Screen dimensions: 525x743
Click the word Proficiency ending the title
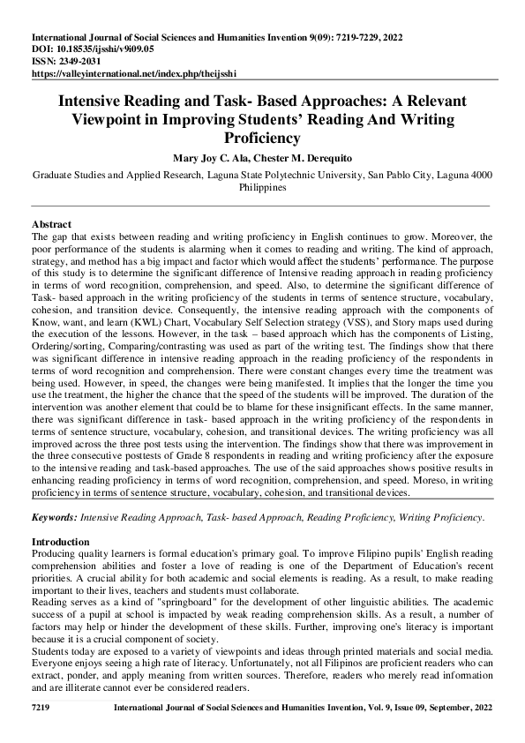(263, 138)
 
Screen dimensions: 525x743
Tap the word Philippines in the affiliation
(263, 187)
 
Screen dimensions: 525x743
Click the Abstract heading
(51, 224)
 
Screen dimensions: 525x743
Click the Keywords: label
(54, 514)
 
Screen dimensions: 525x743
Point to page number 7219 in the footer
(41, 707)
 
